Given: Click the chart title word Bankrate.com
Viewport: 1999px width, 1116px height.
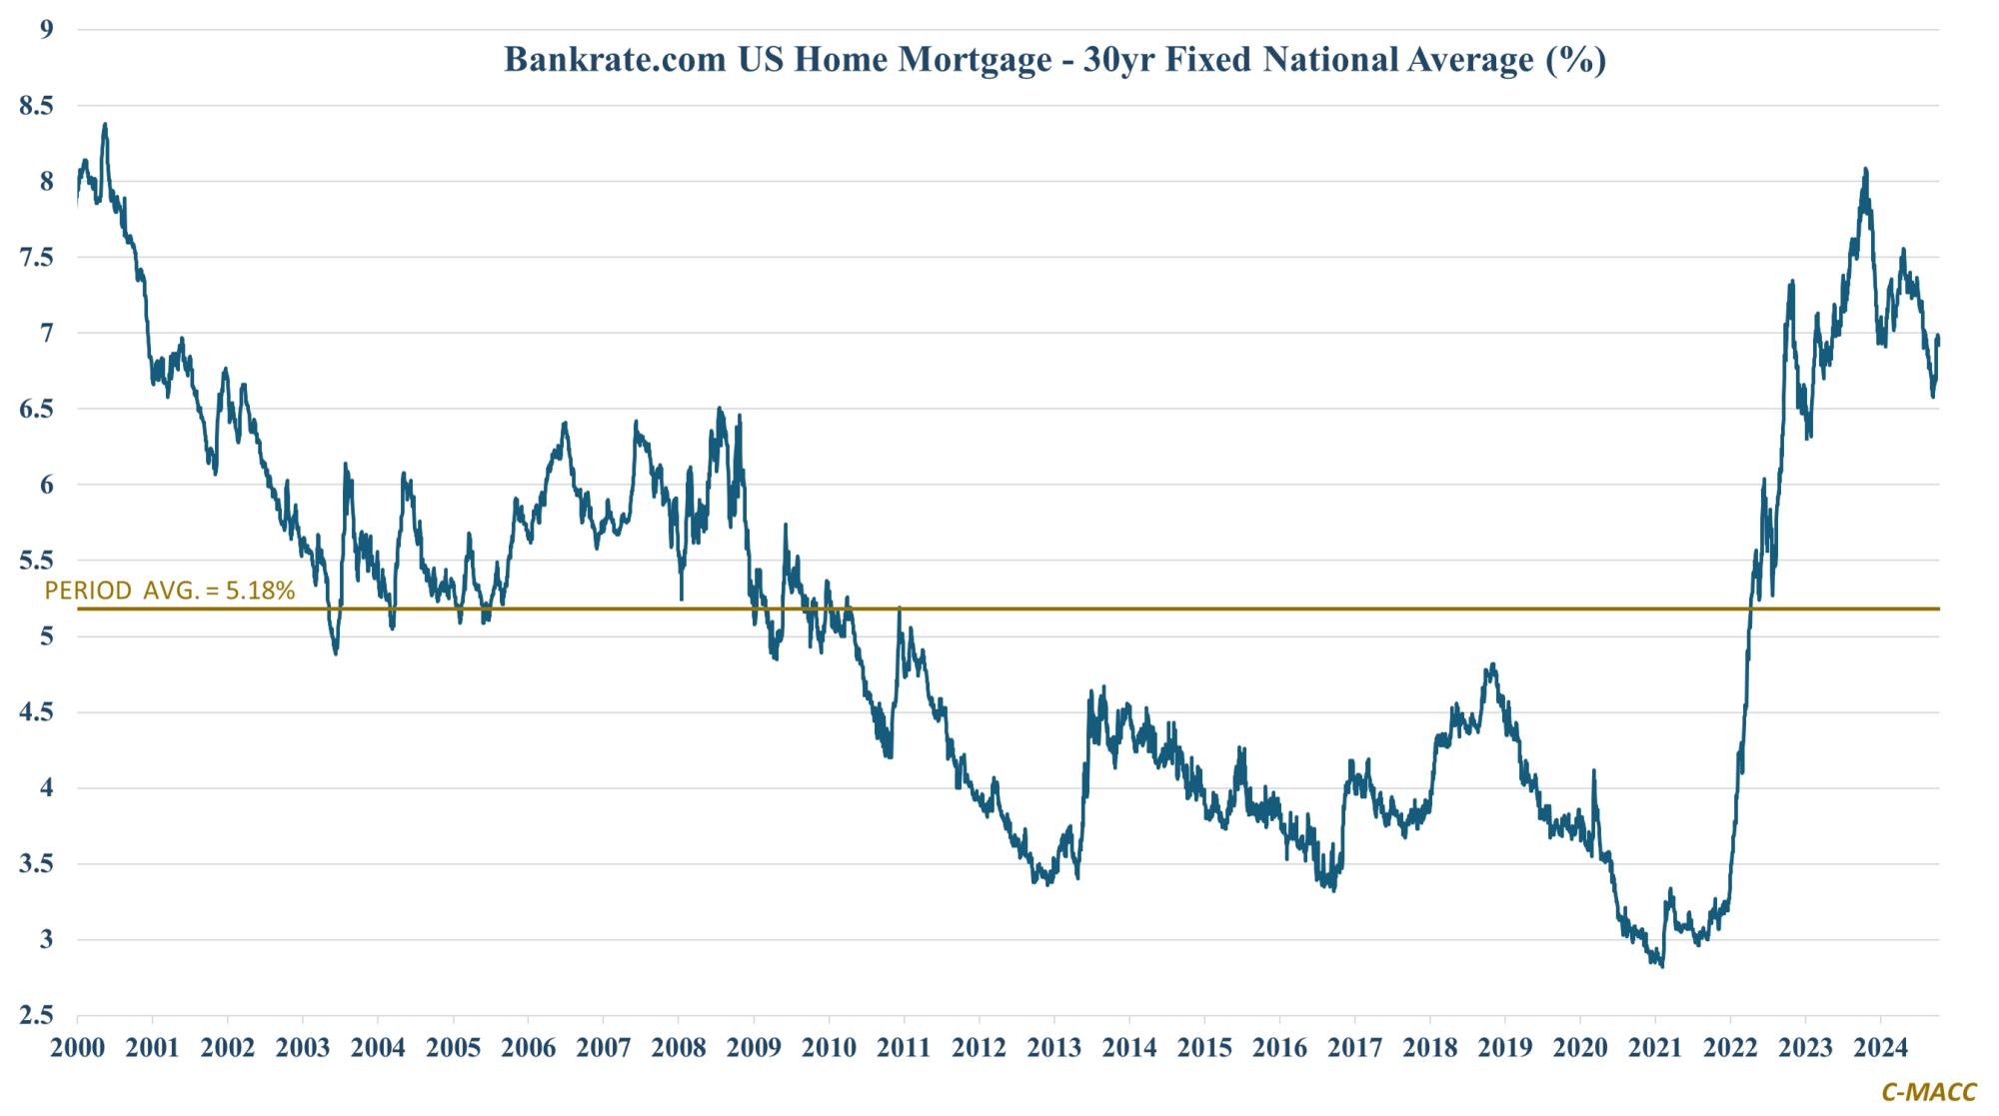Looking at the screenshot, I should (x=615, y=60).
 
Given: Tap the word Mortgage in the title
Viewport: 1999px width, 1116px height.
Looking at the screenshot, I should (x=975, y=60).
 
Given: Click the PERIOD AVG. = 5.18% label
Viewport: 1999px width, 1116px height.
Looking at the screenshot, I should (x=170, y=590).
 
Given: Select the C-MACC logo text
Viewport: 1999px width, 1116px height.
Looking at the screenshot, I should (x=1928, y=1092).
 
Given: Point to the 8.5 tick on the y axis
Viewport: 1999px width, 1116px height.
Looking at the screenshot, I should (x=36, y=105).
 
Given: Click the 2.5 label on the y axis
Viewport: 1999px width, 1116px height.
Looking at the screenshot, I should (x=36, y=1015).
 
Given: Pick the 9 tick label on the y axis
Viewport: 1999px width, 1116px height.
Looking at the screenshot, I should (x=46, y=29).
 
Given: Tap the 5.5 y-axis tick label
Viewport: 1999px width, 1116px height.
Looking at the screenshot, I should (x=36, y=560).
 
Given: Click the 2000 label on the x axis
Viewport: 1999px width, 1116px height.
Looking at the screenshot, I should (x=77, y=1047).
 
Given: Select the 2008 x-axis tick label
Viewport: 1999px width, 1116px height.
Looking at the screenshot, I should (x=679, y=1047).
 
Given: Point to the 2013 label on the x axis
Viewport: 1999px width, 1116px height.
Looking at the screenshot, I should (x=1054, y=1047).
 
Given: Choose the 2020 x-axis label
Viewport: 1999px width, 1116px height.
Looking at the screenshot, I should (x=1580, y=1047).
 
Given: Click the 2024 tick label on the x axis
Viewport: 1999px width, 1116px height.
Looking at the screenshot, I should (x=1881, y=1047).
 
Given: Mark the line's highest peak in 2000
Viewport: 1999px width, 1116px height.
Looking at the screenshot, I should (x=105, y=125).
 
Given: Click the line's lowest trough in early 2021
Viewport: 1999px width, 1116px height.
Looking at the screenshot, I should (x=1662, y=965).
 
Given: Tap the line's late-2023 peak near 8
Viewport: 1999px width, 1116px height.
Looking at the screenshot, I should (x=1865, y=170).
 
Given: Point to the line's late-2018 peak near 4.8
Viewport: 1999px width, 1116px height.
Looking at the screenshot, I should (x=1492, y=664).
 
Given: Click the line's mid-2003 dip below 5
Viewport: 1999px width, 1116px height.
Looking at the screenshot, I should (x=336, y=652).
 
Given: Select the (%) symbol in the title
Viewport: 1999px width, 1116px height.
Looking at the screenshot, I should (x=1576, y=60).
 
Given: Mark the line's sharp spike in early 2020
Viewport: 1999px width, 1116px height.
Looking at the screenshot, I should (x=1593, y=771).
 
